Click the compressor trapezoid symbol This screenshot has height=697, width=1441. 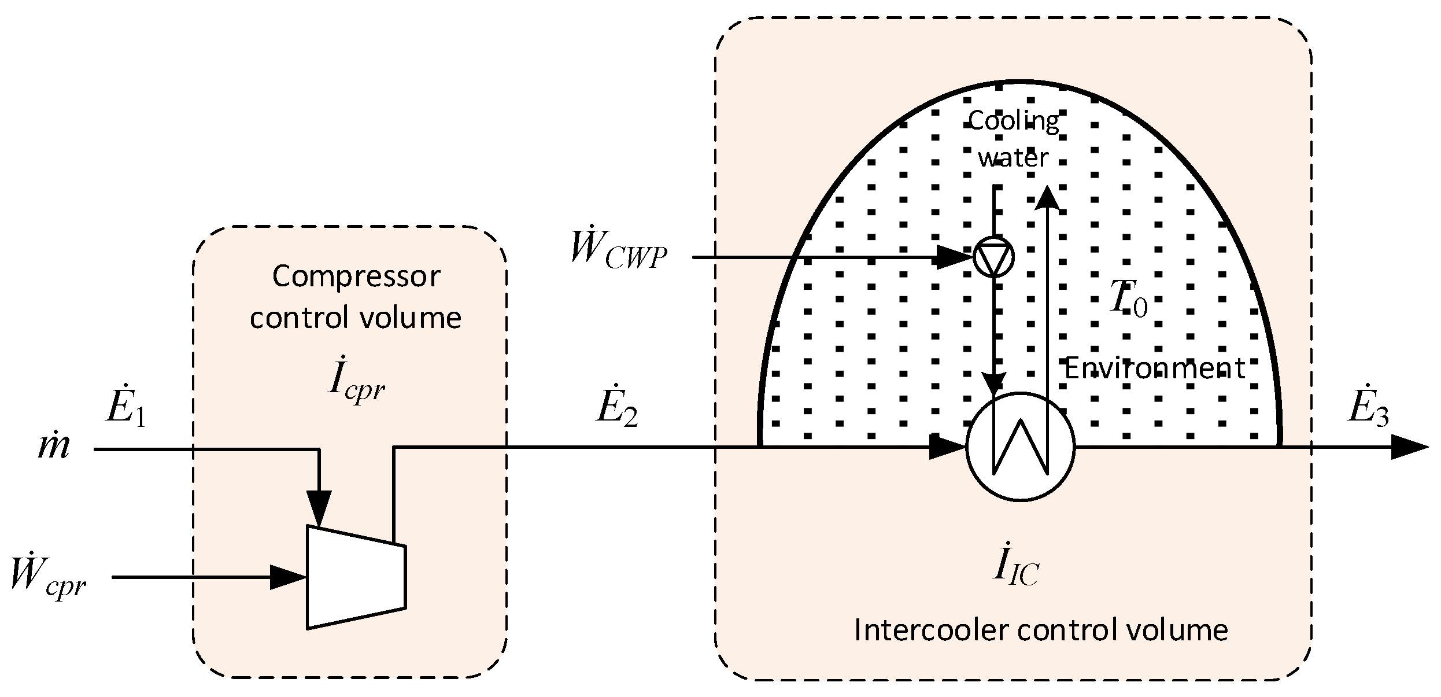click(356, 577)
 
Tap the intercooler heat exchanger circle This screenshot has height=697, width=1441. click(1020, 446)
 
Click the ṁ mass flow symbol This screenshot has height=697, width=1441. click(53, 448)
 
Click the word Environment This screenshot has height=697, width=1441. click(1154, 368)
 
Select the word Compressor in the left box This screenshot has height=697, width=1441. click(356, 276)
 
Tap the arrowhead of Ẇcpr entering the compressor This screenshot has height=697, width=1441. click(288, 577)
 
